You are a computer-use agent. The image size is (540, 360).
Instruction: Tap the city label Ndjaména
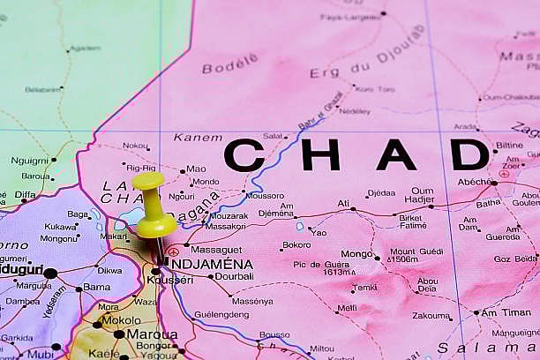[209, 264]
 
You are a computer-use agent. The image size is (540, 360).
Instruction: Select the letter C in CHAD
[244, 155]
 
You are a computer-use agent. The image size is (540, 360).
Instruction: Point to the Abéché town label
[475, 182]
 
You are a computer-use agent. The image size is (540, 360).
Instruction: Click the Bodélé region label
[230, 64]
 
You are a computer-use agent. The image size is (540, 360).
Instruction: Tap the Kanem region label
[198, 138]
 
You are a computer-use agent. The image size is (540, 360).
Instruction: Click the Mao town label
[196, 169]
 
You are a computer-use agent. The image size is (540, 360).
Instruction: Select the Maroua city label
[151, 334]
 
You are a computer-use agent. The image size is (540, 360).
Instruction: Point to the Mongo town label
[356, 254]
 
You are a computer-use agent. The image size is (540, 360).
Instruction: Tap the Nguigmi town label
[30, 161]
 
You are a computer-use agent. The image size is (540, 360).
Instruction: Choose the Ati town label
[343, 203]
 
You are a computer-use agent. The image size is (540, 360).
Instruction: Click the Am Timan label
[506, 311]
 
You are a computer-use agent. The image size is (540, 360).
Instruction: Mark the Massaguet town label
[215, 250]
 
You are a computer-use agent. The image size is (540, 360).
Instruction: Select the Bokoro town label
[296, 244]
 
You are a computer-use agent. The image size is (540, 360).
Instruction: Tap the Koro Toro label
[375, 89]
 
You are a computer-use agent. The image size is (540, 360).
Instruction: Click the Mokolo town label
[121, 320]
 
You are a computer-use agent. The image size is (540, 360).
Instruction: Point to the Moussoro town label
[265, 195]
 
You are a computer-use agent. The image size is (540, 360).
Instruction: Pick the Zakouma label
[431, 315]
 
